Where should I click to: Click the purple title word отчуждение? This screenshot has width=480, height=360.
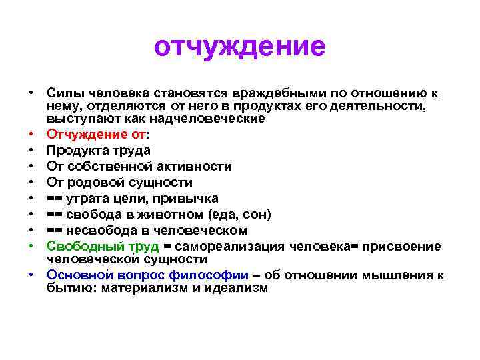coord(240,47)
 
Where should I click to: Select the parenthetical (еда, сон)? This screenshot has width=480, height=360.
coord(239,215)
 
